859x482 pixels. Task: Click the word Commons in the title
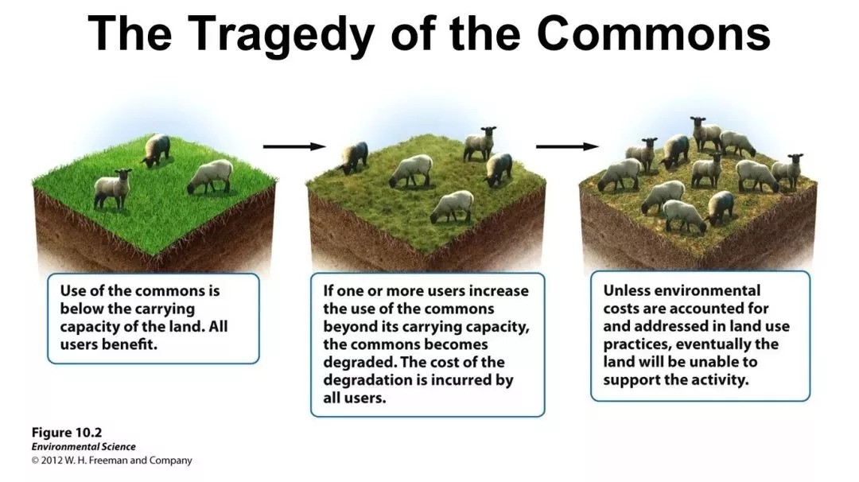pos(654,32)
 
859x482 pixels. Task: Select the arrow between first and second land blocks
pos(294,146)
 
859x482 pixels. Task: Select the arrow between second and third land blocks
pos(567,146)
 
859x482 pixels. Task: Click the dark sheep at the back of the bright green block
pos(157,149)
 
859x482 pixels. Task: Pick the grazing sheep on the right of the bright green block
pos(210,177)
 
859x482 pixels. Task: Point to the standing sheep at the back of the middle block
pos(480,143)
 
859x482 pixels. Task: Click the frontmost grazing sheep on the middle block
pos(452,207)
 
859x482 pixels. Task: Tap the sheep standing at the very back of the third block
pos(705,133)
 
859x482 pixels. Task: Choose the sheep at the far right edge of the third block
pos(787,172)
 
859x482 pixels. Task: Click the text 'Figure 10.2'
pos(67,433)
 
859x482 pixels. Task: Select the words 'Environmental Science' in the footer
pos(84,447)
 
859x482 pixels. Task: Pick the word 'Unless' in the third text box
pos(627,290)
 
